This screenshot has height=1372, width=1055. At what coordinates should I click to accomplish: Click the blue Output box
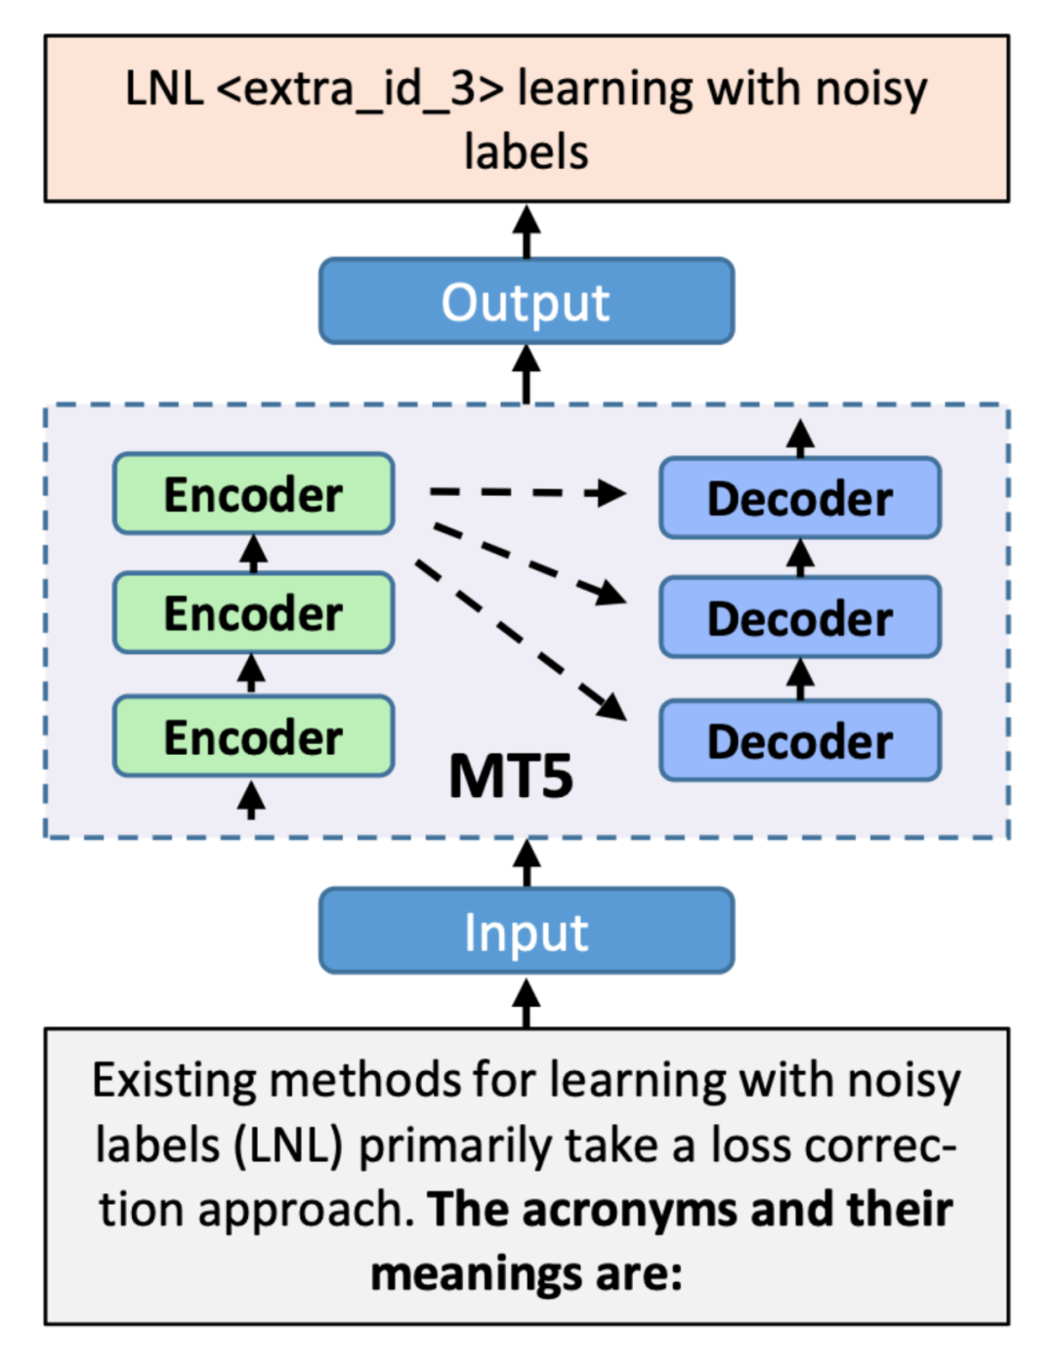pyautogui.click(x=527, y=302)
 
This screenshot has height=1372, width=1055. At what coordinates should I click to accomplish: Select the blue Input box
pyautogui.click(x=527, y=931)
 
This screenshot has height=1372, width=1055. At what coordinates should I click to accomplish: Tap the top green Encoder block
pyautogui.click(x=254, y=494)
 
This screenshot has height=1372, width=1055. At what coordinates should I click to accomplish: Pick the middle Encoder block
pyautogui.click(x=254, y=613)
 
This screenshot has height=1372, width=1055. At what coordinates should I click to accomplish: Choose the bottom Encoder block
pyautogui.click(x=254, y=736)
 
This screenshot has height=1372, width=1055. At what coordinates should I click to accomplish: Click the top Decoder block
pyautogui.click(x=800, y=498)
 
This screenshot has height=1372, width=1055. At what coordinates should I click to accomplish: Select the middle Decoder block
pyautogui.click(x=800, y=618)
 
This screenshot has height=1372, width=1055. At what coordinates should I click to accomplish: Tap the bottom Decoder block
pyautogui.click(x=800, y=740)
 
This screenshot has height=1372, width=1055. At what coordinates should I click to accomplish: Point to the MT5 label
pyautogui.click(x=510, y=777)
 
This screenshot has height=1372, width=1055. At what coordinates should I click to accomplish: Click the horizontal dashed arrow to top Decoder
pyautogui.click(x=527, y=492)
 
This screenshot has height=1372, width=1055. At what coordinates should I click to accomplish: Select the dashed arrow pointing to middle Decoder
pyautogui.click(x=527, y=562)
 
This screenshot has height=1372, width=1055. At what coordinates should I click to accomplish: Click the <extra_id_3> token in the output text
pyautogui.click(x=359, y=90)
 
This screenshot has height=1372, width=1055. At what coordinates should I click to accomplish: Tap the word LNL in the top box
pyautogui.click(x=164, y=90)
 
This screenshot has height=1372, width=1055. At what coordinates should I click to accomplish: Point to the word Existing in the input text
pyautogui.click(x=173, y=1081)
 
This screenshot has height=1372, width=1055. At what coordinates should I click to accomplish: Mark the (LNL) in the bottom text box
pyautogui.click(x=289, y=1145)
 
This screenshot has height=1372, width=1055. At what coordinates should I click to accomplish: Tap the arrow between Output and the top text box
pyautogui.click(x=527, y=231)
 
